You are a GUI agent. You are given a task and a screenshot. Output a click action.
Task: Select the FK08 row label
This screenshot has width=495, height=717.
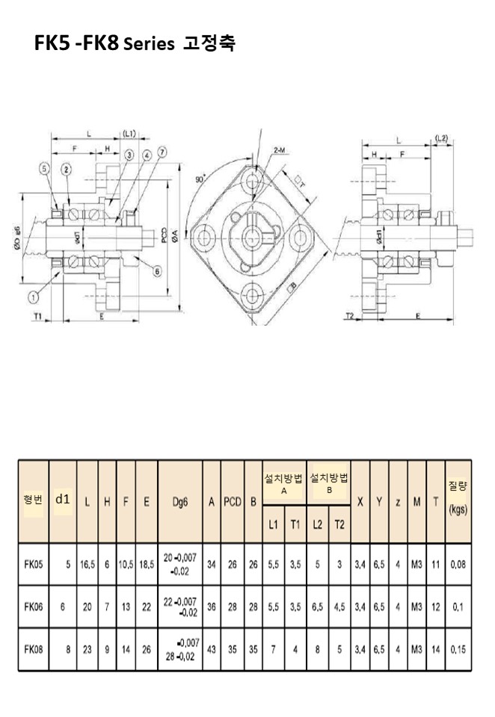(34, 650)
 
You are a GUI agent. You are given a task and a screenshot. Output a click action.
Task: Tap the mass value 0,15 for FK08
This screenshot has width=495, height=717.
(458, 650)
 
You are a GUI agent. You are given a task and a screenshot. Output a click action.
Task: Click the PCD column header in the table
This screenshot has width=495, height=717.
(233, 503)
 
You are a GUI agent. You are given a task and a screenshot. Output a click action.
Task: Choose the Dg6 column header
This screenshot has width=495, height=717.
(179, 503)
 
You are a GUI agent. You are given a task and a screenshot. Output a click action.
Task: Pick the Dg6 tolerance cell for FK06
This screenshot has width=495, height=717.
(180, 607)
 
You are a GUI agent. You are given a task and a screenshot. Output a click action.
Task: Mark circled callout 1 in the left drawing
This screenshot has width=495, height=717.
(34, 297)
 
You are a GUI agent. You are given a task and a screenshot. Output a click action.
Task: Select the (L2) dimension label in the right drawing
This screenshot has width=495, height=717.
(440, 138)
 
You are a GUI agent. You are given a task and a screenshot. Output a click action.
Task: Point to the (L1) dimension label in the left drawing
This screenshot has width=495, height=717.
(129, 134)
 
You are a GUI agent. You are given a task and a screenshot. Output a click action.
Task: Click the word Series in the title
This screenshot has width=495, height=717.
(149, 44)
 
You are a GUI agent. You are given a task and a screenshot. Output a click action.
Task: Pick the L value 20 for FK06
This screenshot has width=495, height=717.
(87, 607)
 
